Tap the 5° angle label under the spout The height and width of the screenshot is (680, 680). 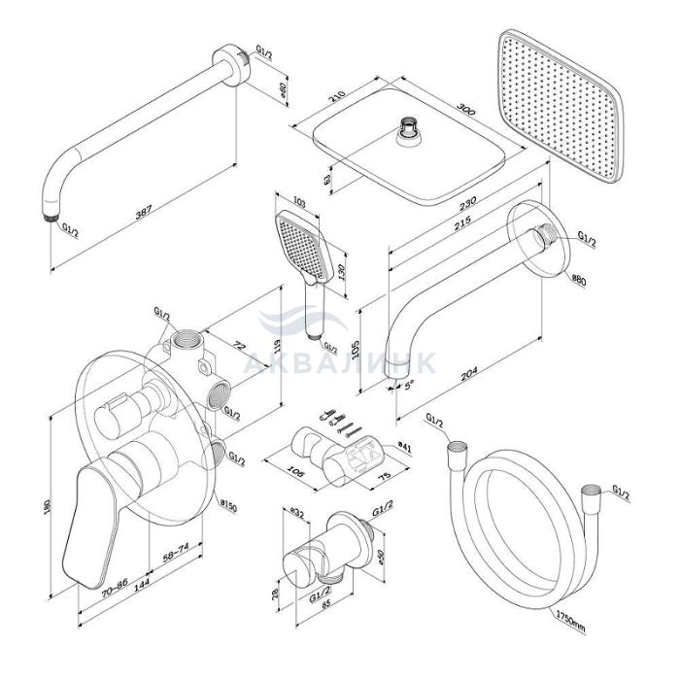point(409,385)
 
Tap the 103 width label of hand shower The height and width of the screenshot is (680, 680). point(298,202)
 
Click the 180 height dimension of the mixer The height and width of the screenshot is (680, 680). point(48,507)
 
